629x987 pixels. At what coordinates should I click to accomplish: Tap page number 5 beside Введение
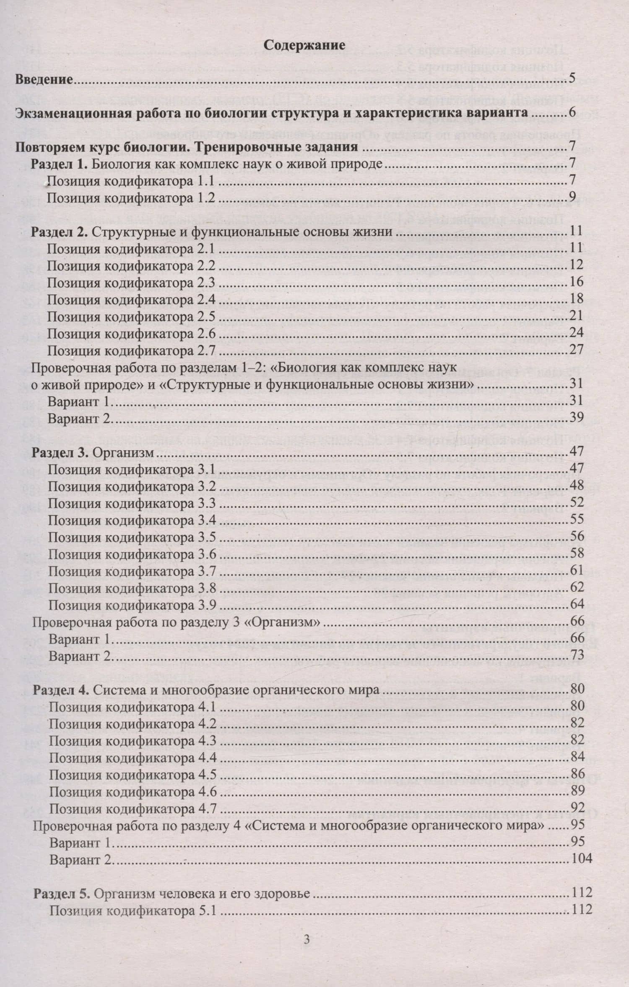click(572, 78)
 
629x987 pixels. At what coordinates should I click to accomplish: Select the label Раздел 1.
click(59, 164)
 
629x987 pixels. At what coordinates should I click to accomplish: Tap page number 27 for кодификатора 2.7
click(577, 350)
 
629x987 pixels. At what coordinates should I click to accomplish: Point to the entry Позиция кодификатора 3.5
click(132, 538)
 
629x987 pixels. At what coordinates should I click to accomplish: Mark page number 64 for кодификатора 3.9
click(577, 604)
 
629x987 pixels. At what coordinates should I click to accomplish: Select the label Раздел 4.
click(61, 690)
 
